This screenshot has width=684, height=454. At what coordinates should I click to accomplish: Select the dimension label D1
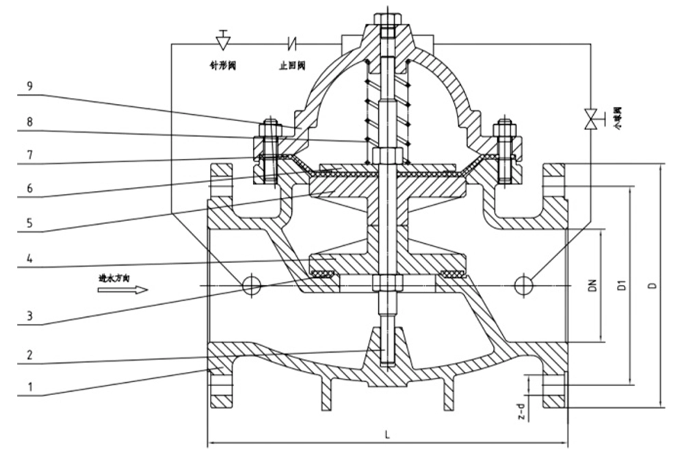tap(622, 286)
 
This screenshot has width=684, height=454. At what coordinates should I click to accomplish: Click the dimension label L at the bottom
tap(387, 433)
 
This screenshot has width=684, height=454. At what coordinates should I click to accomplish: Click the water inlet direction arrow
tap(122, 290)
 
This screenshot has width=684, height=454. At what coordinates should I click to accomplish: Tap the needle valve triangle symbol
tap(222, 41)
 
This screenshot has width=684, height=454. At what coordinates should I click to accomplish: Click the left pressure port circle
tap(251, 284)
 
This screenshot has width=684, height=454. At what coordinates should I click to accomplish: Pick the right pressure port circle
tap(524, 284)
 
